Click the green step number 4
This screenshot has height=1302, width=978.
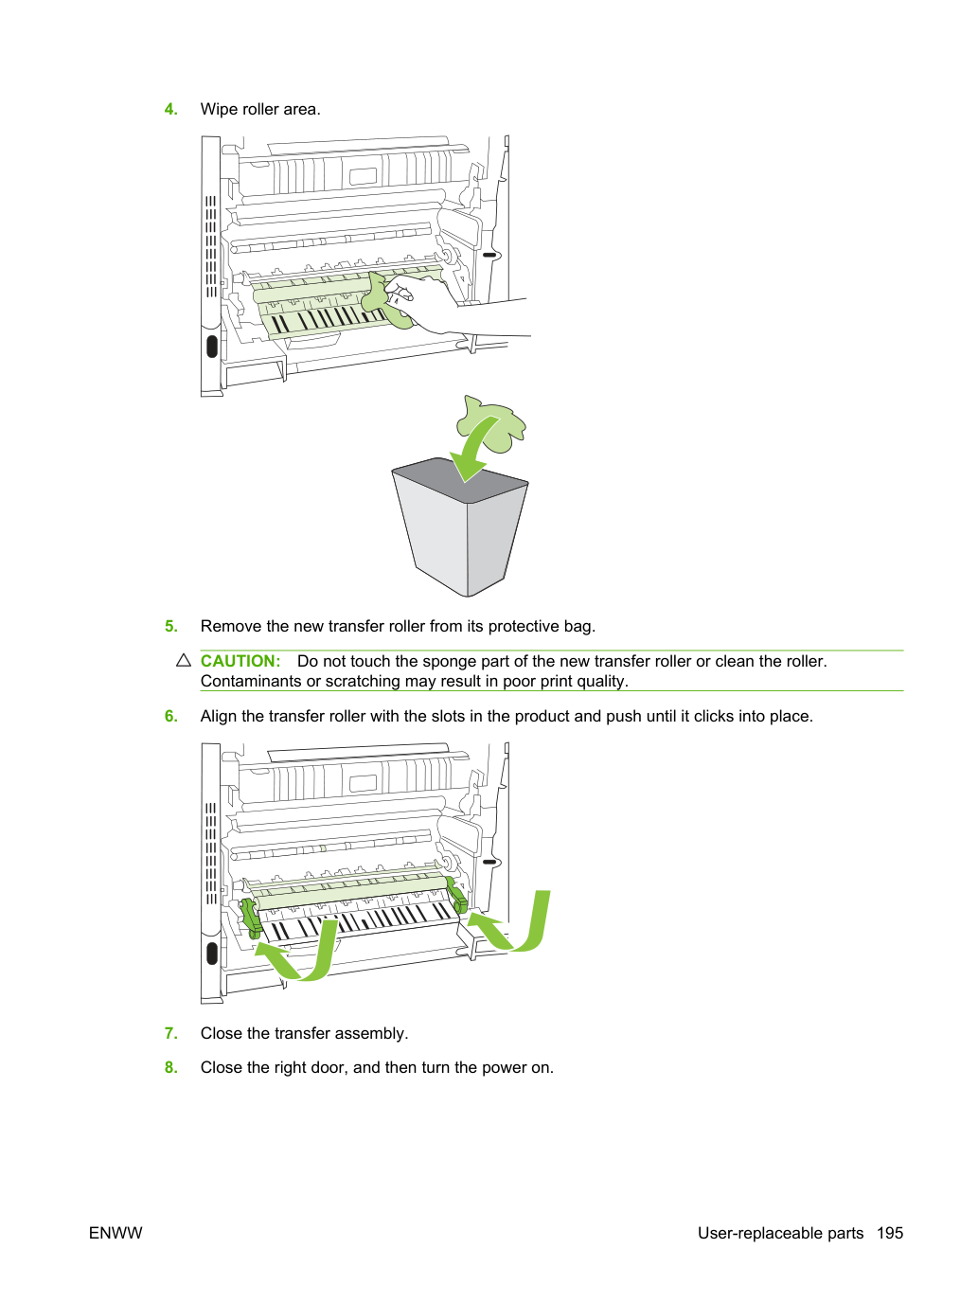(x=170, y=109)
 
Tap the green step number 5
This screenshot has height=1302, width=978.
(x=170, y=627)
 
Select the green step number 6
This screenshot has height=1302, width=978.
(x=170, y=716)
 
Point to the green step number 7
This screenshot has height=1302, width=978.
(x=170, y=1033)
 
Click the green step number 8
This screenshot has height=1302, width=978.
(x=170, y=1067)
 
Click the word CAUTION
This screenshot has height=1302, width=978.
(x=240, y=661)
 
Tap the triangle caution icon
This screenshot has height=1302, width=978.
(x=184, y=660)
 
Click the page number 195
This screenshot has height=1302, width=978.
(x=890, y=1233)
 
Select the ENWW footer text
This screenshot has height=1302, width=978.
(x=116, y=1233)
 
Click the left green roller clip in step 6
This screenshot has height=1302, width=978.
(x=251, y=917)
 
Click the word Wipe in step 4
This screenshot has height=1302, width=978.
(x=220, y=110)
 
